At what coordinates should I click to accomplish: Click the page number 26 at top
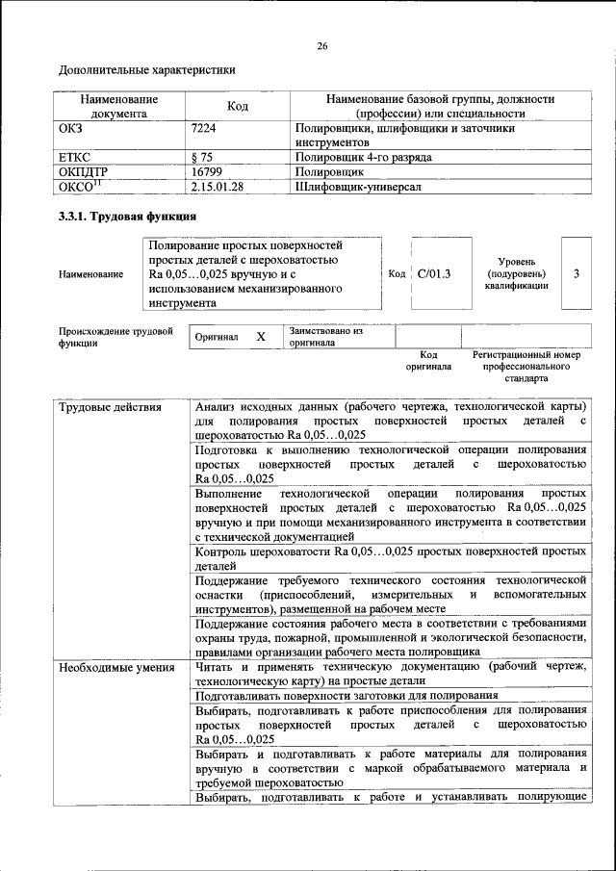pyautogui.click(x=321, y=45)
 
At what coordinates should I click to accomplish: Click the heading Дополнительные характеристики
pyautogui.click(x=146, y=69)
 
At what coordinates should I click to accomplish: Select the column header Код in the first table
pyautogui.click(x=238, y=106)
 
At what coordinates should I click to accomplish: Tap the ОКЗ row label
pyautogui.click(x=72, y=127)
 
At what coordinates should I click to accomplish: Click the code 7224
pyautogui.click(x=204, y=127)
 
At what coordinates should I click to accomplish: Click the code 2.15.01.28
pyautogui.click(x=218, y=186)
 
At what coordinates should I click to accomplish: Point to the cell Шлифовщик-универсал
pyautogui.click(x=357, y=186)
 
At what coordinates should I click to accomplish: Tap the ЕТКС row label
pyautogui.click(x=75, y=156)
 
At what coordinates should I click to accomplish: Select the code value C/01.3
pyautogui.click(x=434, y=273)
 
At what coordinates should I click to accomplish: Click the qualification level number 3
pyautogui.click(x=576, y=273)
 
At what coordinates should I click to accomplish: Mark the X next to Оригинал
pyautogui.click(x=260, y=337)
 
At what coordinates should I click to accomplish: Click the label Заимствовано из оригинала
pyautogui.click(x=325, y=336)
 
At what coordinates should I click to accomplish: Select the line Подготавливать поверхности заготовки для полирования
pyautogui.click(x=346, y=694)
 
